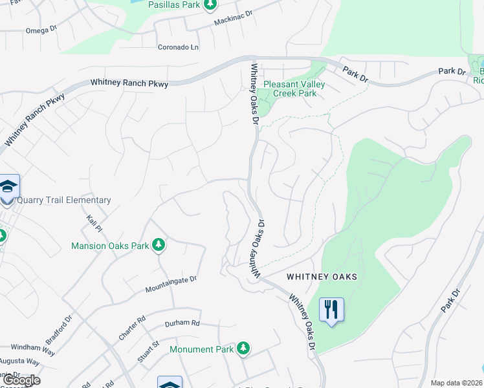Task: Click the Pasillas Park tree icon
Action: tap(210, 5)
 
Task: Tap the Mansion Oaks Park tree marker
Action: tap(159, 245)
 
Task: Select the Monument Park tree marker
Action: tap(243, 349)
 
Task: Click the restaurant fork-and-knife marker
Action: tap(331, 310)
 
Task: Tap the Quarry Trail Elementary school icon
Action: tap(8, 187)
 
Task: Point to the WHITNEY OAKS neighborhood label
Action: tap(322, 277)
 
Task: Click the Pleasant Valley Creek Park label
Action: tap(294, 89)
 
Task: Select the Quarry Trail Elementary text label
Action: tap(63, 200)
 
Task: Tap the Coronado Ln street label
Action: tap(178, 47)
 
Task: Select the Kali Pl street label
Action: tap(94, 224)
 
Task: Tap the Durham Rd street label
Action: tap(182, 323)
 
